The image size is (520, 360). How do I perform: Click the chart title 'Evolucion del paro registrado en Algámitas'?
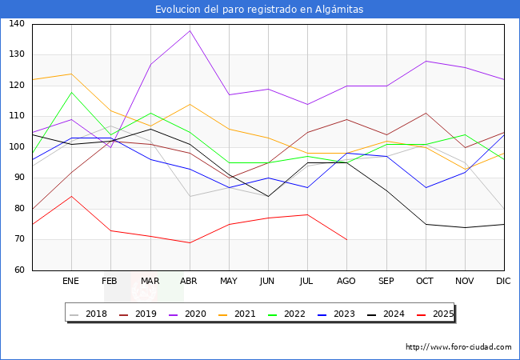coord(260,10)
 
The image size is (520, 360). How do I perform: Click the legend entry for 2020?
coord(204,314)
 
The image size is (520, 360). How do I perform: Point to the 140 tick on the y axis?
coord(17,24)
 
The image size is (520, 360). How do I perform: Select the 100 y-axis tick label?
coord(17,147)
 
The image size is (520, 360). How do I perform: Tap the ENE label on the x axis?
coord(71,282)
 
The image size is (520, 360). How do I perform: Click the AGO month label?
coord(346,282)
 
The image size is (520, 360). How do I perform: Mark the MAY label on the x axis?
coord(229,282)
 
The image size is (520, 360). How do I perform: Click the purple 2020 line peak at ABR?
coord(190,30)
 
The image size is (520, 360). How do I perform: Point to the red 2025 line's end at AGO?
coord(346,239)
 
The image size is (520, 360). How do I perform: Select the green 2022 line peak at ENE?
coord(71,92)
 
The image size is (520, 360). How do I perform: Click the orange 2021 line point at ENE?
coord(71,74)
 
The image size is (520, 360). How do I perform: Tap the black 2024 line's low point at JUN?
coord(268,196)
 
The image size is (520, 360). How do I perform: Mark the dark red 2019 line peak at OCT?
coord(426,113)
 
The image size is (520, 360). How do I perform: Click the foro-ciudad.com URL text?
coord(458,347)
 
